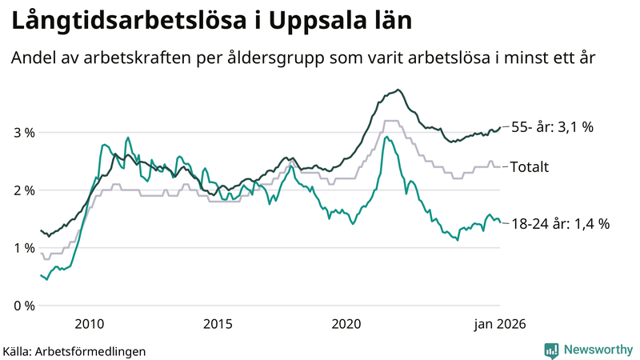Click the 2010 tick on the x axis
click(89, 324)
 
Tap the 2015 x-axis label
click(218, 324)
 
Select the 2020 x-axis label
click(346, 324)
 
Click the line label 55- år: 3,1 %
click(552, 127)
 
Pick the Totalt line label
click(530, 167)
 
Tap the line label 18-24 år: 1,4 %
click(560, 224)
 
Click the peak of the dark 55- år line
click(398, 90)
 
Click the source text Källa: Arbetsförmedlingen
click(74, 350)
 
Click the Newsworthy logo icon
click(552, 350)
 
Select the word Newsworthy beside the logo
click(598, 350)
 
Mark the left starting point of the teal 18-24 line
click(41, 275)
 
